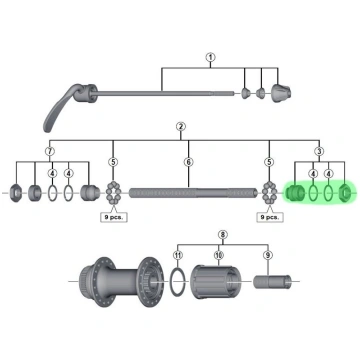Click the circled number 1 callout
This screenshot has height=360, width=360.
[x=210, y=57]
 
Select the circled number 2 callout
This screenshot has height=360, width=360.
[x=181, y=127]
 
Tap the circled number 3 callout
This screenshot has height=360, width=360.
[x=319, y=151]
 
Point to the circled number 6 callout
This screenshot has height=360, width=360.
[x=189, y=162]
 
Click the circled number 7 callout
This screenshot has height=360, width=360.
[x=50, y=151]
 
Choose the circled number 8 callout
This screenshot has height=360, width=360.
[x=223, y=235]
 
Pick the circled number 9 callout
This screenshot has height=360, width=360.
[x=268, y=255]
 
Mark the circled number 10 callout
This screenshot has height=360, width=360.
[x=219, y=255]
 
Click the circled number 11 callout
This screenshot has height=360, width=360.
[x=178, y=255]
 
